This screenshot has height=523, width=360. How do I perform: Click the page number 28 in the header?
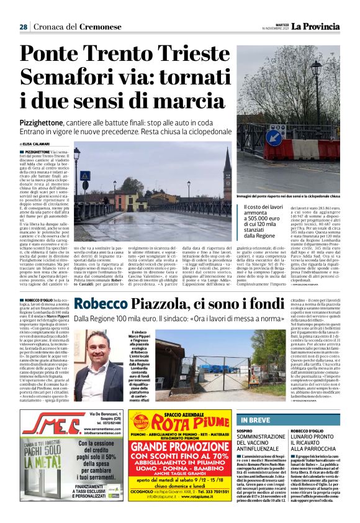click(x=23, y=27)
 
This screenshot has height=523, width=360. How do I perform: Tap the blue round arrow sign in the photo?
click(x=274, y=137)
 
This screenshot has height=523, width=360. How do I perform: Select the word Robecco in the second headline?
click(x=104, y=304)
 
